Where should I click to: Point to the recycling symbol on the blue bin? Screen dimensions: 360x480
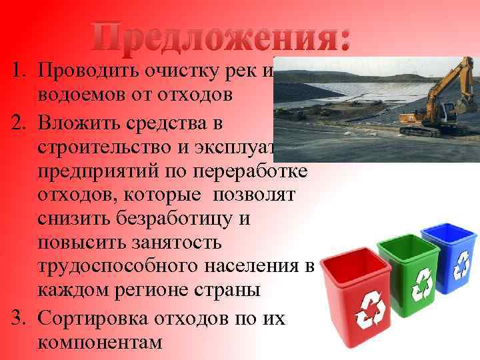click(461, 265)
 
